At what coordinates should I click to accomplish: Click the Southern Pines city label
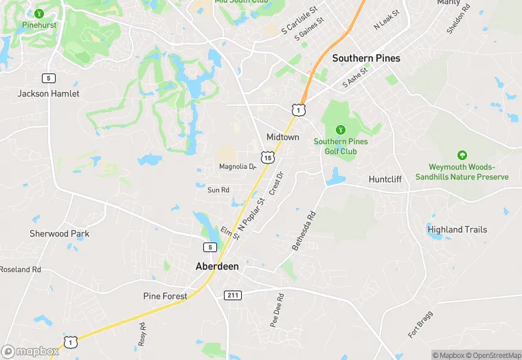[x=366, y=58]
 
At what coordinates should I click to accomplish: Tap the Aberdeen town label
[x=217, y=266]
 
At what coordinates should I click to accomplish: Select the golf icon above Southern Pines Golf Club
[x=340, y=129]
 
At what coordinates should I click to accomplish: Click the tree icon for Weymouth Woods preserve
[x=462, y=156]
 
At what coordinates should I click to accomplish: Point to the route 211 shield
[x=232, y=295]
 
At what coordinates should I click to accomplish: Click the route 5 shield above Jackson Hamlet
[x=47, y=78]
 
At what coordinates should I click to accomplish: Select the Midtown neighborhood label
[x=283, y=137]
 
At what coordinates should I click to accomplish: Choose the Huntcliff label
[x=389, y=179]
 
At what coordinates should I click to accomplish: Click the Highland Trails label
[x=457, y=229]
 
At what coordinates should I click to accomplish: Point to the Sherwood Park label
[x=59, y=234]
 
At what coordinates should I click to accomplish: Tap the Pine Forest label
[x=165, y=296]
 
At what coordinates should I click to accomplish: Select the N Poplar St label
[x=251, y=214]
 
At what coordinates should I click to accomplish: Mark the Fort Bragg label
[x=420, y=324]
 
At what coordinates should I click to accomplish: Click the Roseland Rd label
[x=21, y=269]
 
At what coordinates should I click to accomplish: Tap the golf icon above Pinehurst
[x=39, y=13]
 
